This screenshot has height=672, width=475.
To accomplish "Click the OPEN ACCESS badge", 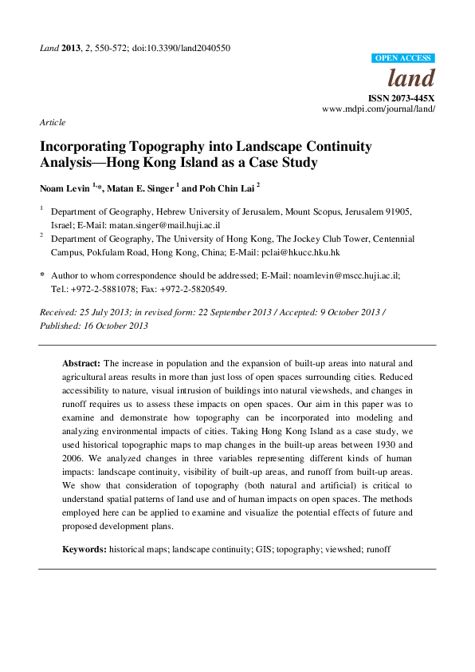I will [403, 58].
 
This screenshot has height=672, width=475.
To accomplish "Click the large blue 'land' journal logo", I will [410, 78].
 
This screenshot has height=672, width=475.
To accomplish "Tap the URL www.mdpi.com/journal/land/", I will [379, 109].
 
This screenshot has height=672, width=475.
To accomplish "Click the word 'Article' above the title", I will [52, 122].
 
